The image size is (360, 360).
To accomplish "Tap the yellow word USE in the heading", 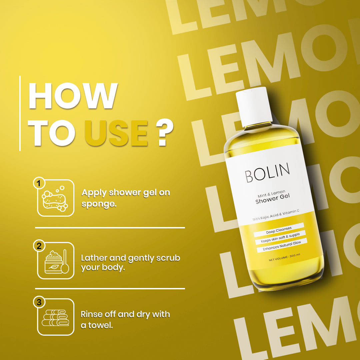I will [116, 134].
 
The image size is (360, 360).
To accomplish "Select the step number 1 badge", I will [39, 183].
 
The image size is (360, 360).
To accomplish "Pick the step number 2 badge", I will [39, 246].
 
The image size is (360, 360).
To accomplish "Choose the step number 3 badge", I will [39, 302].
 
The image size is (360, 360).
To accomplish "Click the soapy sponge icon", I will [55, 198].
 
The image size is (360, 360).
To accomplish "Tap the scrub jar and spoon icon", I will [56, 261].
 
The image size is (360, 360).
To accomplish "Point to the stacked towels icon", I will [55, 318].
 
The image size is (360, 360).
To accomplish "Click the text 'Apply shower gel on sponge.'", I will [125, 198].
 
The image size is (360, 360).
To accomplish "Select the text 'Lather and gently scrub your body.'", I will [130, 262].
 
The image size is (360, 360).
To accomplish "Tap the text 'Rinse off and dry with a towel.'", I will [125, 319].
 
